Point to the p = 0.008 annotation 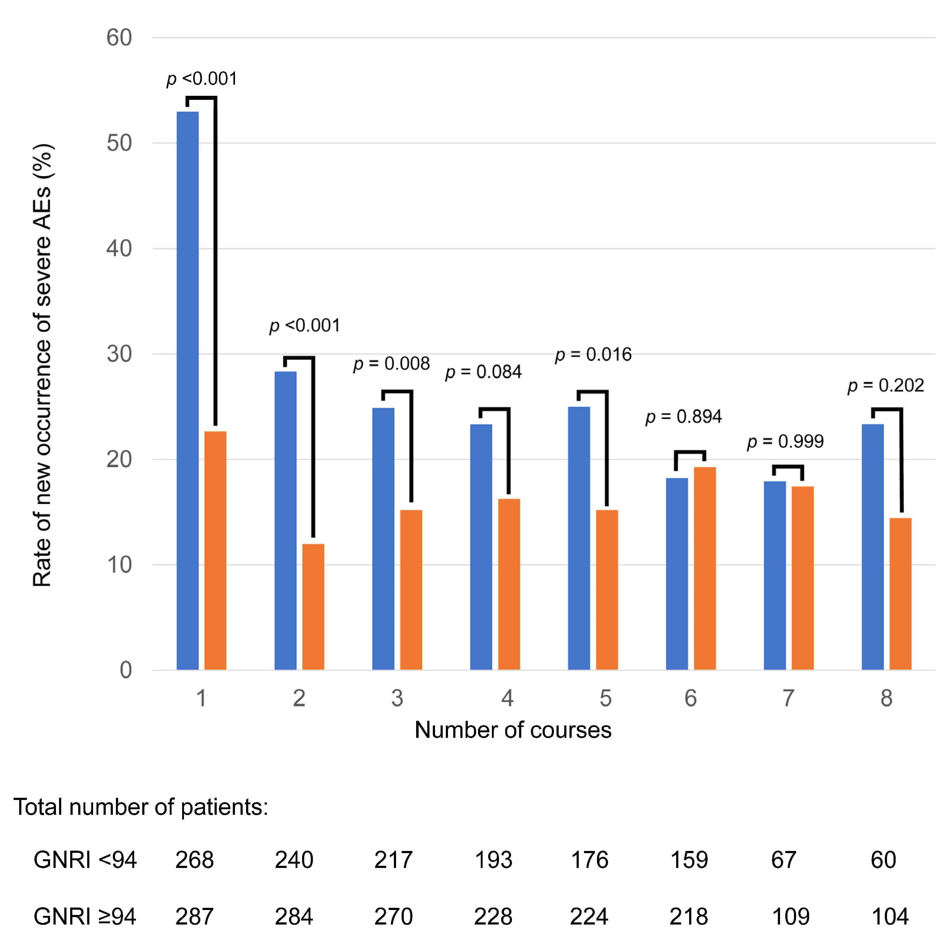[391, 364]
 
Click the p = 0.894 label [683, 417]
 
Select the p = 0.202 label [885, 385]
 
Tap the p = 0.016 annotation [593, 354]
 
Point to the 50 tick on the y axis [119, 143]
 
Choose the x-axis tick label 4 [507, 698]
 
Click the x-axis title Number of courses [513, 730]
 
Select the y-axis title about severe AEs [42, 365]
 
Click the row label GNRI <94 [85, 860]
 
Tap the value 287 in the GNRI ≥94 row [194, 916]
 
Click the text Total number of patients [141, 807]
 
